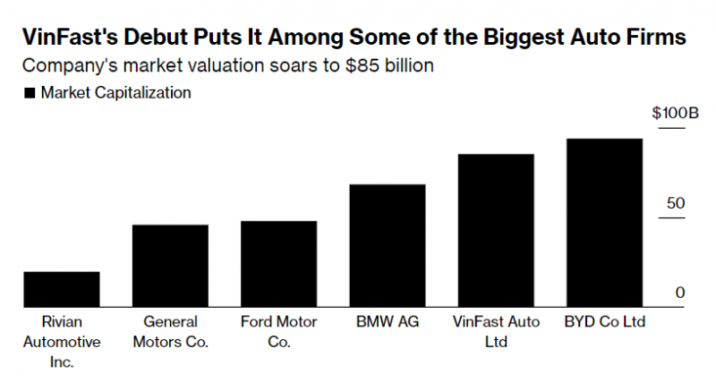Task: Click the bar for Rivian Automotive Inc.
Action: (62, 289)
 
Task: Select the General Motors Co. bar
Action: (170, 266)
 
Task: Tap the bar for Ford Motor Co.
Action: (278, 264)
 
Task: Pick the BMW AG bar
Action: (387, 246)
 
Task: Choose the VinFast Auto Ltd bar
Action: (496, 231)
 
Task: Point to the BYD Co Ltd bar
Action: (604, 223)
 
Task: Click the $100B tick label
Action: (674, 114)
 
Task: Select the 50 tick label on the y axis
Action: (676, 203)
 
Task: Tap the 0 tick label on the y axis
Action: (680, 293)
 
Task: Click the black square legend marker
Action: (30, 92)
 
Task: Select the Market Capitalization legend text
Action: (116, 92)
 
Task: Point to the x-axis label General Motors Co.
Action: (170, 331)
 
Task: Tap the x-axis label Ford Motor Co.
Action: (278, 331)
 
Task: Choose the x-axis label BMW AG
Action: (387, 321)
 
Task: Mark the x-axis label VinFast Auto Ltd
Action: (496, 331)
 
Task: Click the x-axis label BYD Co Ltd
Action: (604, 321)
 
